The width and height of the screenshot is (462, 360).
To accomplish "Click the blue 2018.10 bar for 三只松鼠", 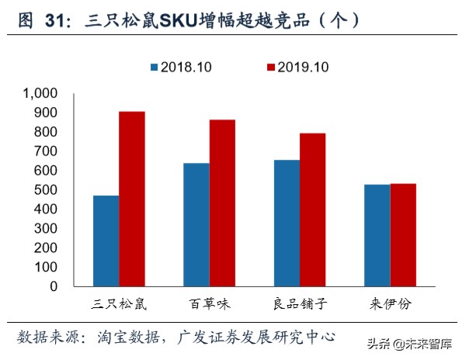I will [106, 241].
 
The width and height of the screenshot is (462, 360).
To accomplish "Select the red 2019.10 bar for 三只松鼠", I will [131, 199].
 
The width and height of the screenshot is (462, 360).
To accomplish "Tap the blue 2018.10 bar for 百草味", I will [196, 224].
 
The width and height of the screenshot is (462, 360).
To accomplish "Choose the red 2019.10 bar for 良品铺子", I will [312, 209].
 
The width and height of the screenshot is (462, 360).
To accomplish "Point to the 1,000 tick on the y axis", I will [40, 93].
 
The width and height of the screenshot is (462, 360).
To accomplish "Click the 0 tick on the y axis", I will [54, 286].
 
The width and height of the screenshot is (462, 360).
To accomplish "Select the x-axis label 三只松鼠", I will [118, 303].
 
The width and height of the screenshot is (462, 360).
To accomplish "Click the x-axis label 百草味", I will [209, 303].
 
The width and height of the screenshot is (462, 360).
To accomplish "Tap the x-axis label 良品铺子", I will [299, 303].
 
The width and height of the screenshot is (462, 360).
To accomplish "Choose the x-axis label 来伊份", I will [389, 303].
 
